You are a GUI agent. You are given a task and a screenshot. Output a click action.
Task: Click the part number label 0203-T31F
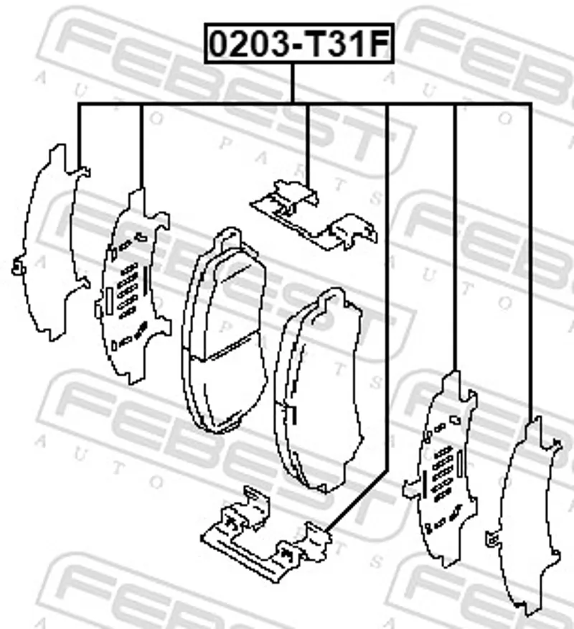(299, 44)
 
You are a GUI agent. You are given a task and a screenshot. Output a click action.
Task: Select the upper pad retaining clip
(314, 215)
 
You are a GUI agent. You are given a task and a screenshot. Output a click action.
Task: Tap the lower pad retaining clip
(266, 535)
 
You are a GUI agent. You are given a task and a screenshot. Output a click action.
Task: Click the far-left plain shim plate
(51, 243)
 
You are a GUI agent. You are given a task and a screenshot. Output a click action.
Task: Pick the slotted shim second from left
(133, 286)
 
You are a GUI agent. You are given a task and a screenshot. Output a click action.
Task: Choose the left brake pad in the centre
(224, 331)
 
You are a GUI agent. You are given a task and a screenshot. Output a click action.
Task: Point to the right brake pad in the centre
(319, 390)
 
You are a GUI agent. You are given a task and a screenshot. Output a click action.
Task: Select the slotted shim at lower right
(441, 469)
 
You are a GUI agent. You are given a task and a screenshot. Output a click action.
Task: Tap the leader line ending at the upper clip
(307, 144)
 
